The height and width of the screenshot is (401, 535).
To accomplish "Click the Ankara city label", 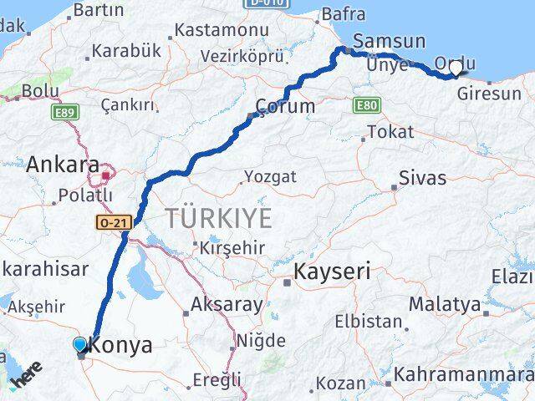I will pos(63,164).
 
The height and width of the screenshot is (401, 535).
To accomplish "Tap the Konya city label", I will pos(120,345).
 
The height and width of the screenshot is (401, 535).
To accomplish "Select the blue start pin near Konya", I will pos(79,344).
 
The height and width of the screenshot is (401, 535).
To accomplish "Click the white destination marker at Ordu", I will pos(456,69).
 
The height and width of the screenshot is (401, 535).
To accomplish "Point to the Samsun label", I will pos(389,42).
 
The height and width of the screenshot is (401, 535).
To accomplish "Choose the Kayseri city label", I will pos(332,272).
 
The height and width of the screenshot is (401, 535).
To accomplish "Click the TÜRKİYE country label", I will pos(218,219).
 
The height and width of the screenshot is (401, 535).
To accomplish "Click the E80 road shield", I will pos(364,106).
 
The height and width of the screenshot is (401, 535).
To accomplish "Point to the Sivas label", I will pos(423,178).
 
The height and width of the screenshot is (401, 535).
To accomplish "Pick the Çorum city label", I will pos(285,106).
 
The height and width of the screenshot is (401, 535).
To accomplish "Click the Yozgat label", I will pos(269,176).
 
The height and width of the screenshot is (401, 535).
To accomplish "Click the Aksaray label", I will pos(226,304).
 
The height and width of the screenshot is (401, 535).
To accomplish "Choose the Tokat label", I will pos(390,132).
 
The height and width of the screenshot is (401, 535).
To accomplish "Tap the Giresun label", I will pos(489,94).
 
